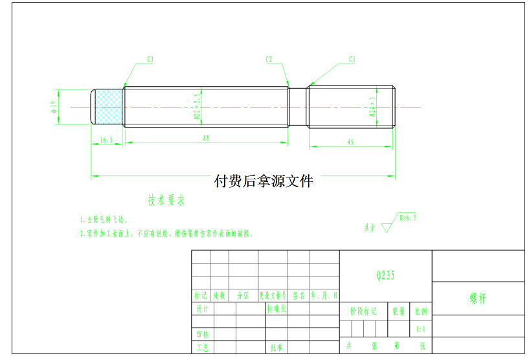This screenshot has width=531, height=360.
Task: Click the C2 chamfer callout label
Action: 269,60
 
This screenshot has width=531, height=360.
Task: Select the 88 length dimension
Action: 206,138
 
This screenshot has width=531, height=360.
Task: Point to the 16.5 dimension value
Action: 106,139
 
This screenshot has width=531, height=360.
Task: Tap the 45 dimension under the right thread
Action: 350,141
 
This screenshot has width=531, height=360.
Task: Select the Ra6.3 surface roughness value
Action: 408,218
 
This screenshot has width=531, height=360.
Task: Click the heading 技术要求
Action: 167,200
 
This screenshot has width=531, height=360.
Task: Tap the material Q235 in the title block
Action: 385,275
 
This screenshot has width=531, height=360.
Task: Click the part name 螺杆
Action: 478,299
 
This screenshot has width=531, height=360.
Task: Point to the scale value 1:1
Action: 421,329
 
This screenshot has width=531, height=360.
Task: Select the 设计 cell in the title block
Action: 202,309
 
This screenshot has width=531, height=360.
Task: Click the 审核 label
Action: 202,334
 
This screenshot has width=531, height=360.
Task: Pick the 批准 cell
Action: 277,348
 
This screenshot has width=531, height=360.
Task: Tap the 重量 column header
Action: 398,311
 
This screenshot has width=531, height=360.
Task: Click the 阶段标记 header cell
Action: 363,311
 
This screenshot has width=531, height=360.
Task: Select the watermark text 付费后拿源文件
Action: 264,181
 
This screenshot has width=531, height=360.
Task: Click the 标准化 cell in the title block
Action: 277,309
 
